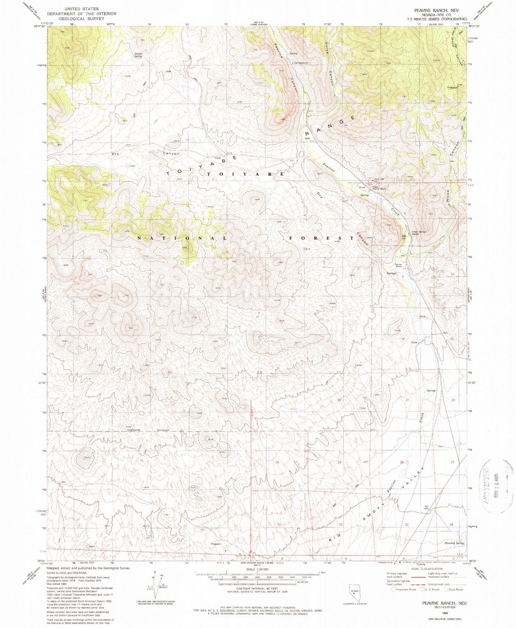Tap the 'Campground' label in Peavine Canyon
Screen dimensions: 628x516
click(x=301, y=63)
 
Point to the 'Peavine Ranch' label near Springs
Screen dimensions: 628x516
click(x=398, y=265)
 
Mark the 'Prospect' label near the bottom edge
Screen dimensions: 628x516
click(x=216, y=544)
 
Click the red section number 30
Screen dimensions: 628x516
click(x=277, y=462)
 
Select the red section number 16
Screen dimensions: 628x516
click(x=402, y=339)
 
